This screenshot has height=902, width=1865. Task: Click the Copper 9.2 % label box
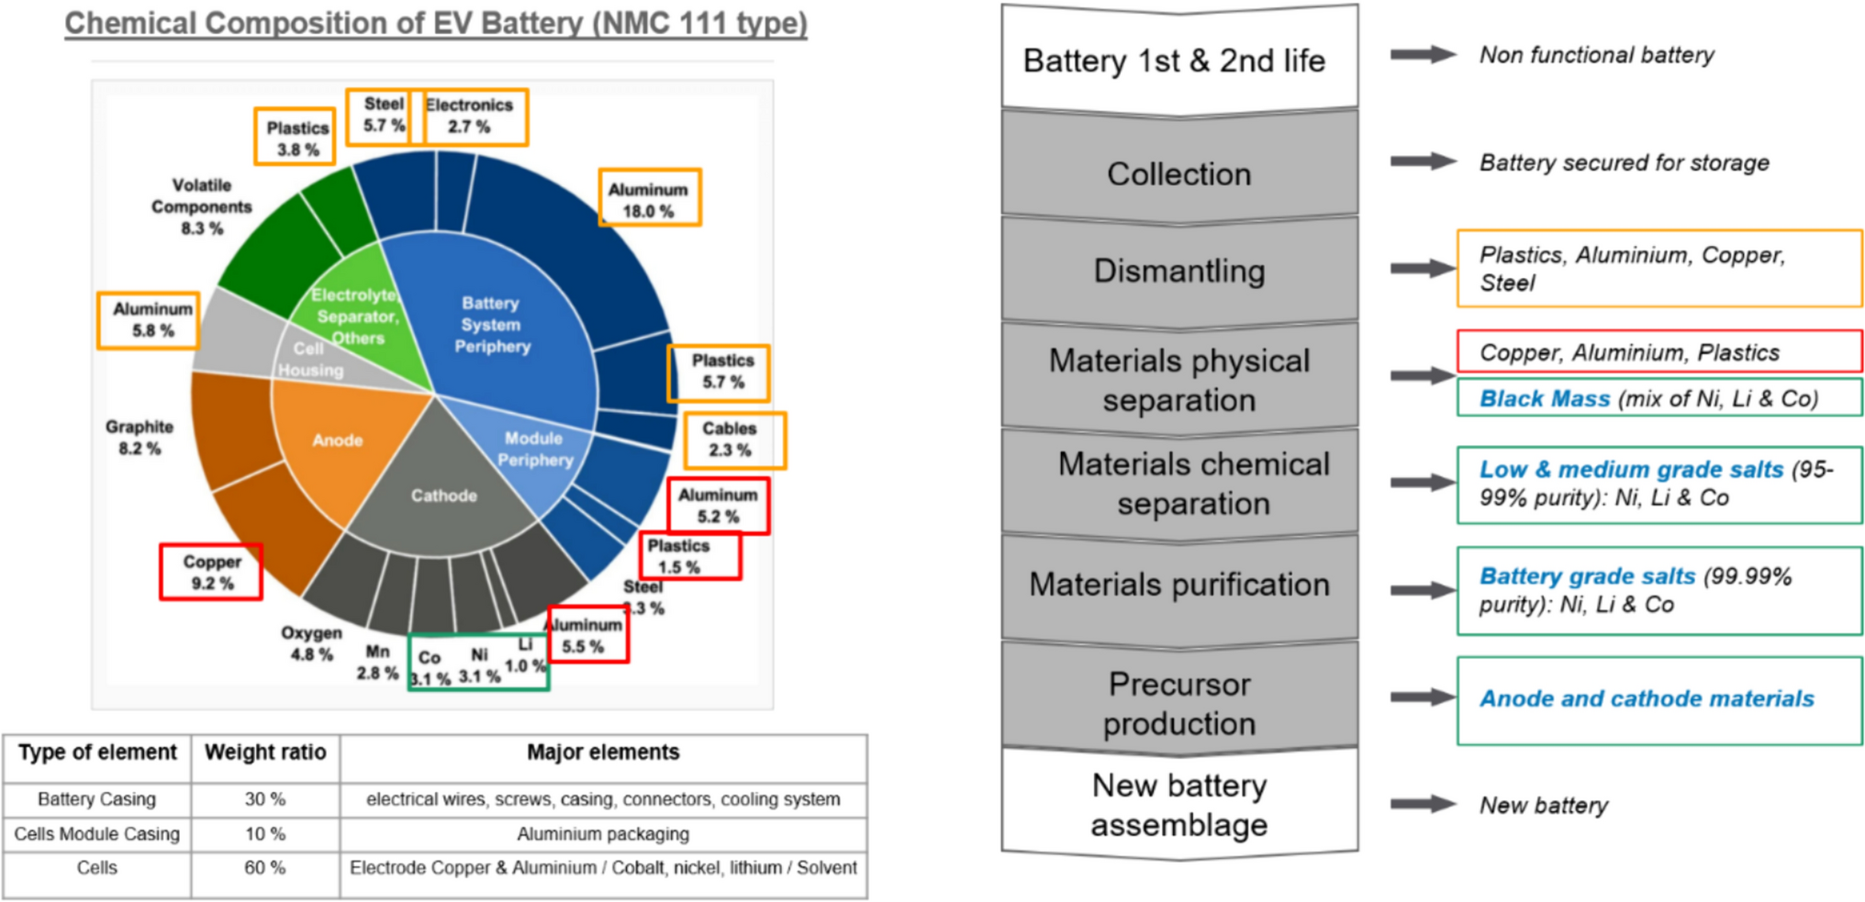tap(211, 572)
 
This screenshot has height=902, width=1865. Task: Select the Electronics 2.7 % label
tap(470, 117)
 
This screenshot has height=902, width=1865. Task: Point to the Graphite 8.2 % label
tap(139, 438)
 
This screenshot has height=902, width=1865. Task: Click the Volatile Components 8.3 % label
tap(201, 207)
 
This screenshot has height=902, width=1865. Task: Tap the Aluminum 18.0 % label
tap(649, 199)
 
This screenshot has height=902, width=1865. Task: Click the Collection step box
tap(1178, 173)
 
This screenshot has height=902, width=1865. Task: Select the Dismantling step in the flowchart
tap(1178, 271)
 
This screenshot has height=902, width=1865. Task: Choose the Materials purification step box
tap(1178, 585)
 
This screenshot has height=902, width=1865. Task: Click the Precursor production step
tap(1178, 704)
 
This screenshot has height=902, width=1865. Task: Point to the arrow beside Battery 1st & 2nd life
tap(1422, 55)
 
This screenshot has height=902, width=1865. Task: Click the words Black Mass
tap(1545, 398)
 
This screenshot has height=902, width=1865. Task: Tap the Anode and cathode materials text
tap(1647, 698)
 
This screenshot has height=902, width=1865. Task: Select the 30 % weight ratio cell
tap(264, 799)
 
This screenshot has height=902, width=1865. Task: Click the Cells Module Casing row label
tap(96, 834)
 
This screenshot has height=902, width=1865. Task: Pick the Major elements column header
tap(603, 752)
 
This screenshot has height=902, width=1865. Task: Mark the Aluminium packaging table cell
tap(603, 834)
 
